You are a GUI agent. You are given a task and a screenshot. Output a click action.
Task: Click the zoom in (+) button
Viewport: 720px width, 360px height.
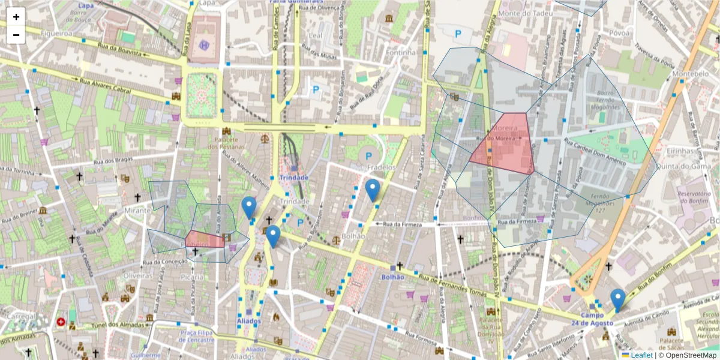click(x=16, y=17)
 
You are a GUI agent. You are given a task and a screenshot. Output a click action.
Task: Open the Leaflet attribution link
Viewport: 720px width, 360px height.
click(x=637, y=355)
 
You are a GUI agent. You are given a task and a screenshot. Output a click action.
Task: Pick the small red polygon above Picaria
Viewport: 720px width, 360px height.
click(x=204, y=239)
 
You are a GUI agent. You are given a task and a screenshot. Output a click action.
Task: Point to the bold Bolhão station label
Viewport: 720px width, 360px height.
click(x=392, y=277)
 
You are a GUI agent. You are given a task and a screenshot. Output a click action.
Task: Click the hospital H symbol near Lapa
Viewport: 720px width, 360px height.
click(x=205, y=44)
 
